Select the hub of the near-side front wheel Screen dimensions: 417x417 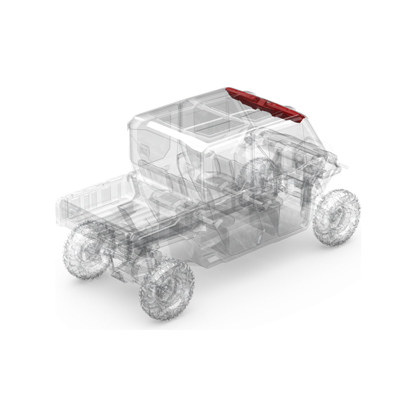336,216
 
